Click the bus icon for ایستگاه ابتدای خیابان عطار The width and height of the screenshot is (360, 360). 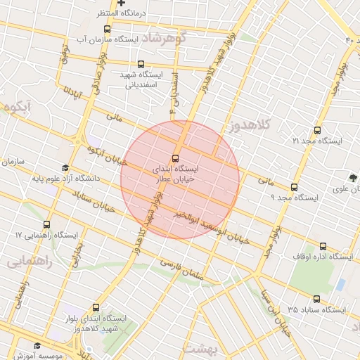pyautogui.click(x=175, y=158)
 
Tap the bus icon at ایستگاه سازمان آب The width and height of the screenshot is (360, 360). pyautogui.click(x=107, y=30)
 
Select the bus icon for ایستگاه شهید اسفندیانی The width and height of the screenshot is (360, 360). pyautogui.click(x=141, y=64)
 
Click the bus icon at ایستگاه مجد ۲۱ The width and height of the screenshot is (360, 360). pyautogui.click(x=317, y=130)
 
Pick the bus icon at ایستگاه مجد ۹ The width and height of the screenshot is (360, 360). pyautogui.click(x=294, y=187)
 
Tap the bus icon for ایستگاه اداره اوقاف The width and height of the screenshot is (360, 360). pyautogui.click(x=323, y=246)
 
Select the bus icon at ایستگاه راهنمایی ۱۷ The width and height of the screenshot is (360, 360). pyautogui.click(x=46, y=224)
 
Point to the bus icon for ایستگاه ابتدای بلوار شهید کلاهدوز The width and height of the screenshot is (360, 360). pyautogui.click(x=96, y=307)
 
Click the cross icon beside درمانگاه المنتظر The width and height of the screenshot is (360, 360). pyautogui.click(x=121, y=4)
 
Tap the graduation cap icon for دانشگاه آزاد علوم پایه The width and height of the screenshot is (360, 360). pyautogui.click(x=65, y=168)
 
